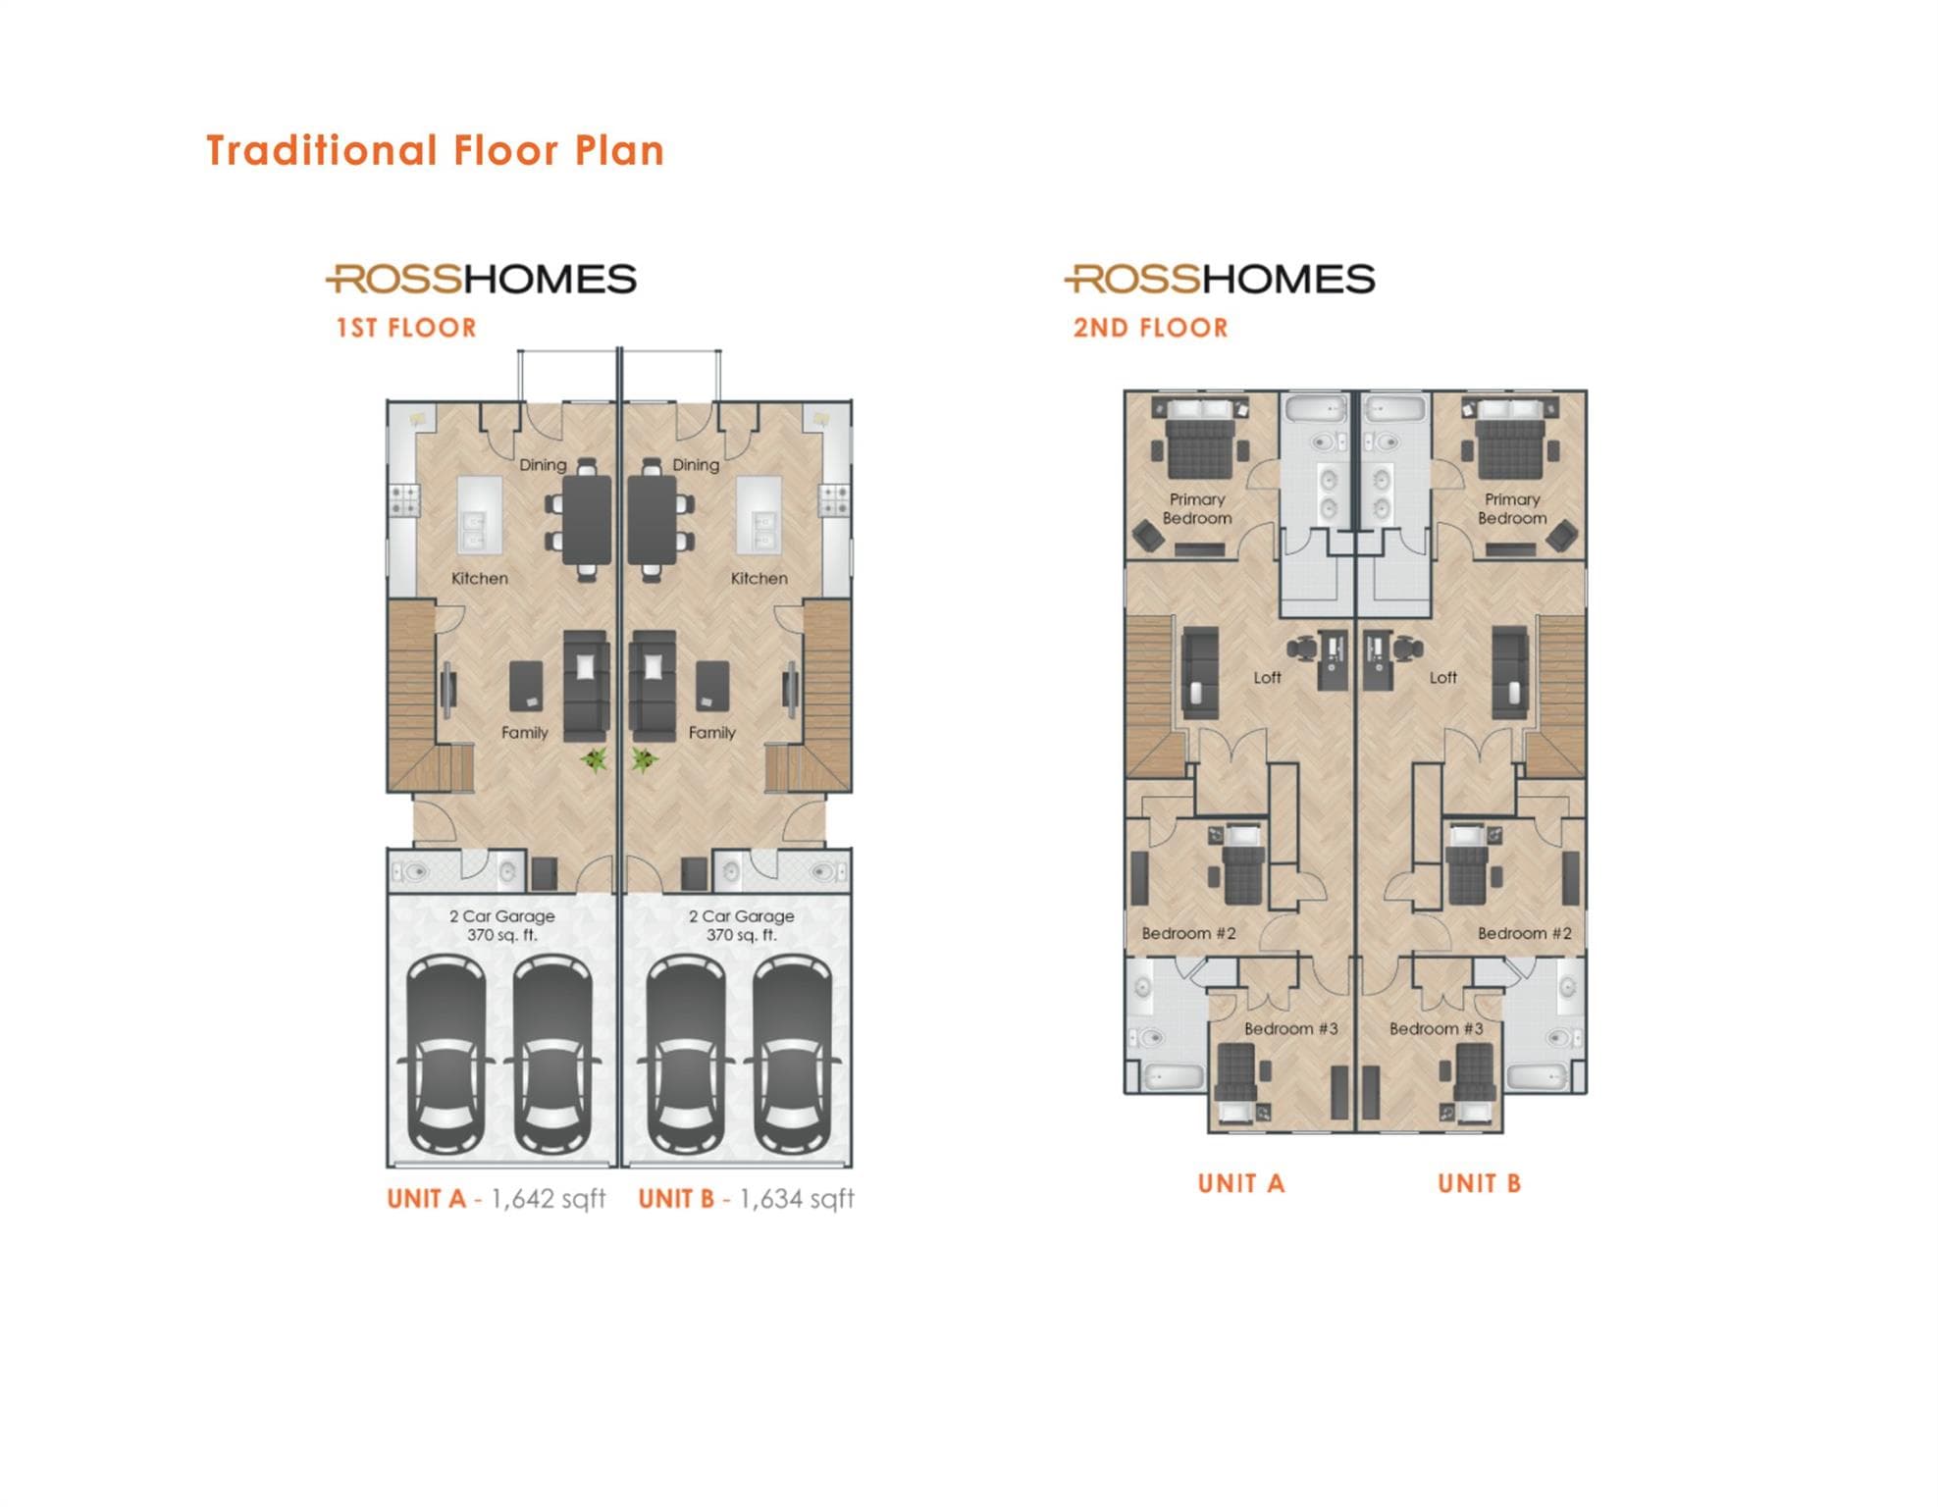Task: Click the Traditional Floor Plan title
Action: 436,151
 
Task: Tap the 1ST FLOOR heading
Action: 406,328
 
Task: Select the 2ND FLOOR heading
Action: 1150,328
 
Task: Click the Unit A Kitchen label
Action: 480,579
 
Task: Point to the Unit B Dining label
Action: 696,465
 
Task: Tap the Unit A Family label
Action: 525,733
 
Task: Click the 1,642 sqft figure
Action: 549,1199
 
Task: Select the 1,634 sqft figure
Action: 797,1199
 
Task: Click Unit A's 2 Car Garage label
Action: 502,925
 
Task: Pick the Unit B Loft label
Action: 1443,678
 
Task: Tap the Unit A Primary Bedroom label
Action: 1197,509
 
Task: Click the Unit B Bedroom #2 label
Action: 1525,934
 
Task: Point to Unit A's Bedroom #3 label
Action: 1291,1029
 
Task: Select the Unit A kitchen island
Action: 479,516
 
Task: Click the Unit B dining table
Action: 652,520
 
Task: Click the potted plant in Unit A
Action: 595,759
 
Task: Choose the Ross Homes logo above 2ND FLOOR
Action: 1220,280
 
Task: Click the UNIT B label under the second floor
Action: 1480,1184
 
